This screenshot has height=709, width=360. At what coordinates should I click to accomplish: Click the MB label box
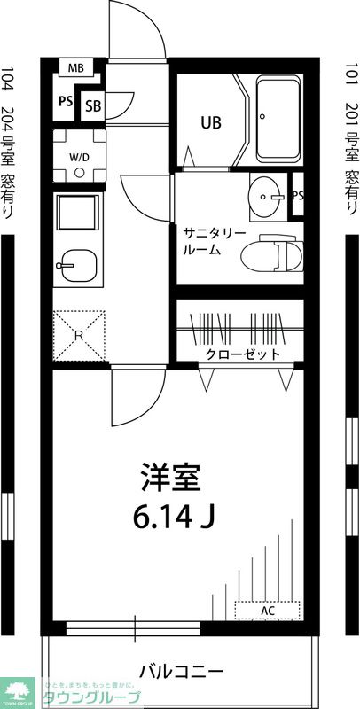(x=75, y=67)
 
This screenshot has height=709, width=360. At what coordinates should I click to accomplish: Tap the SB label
(x=93, y=106)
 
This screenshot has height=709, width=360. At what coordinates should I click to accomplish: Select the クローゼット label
(x=243, y=354)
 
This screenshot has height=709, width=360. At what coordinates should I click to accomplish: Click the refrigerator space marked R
(x=78, y=335)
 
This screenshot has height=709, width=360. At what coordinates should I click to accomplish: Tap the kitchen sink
(x=78, y=264)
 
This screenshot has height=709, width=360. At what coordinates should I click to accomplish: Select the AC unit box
(x=267, y=611)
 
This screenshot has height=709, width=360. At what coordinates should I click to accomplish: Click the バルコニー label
(x=186, y=669)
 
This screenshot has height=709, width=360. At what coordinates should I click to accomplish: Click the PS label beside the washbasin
(x=298, y=195)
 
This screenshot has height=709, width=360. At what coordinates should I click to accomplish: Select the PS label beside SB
(x=66, y=101)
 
